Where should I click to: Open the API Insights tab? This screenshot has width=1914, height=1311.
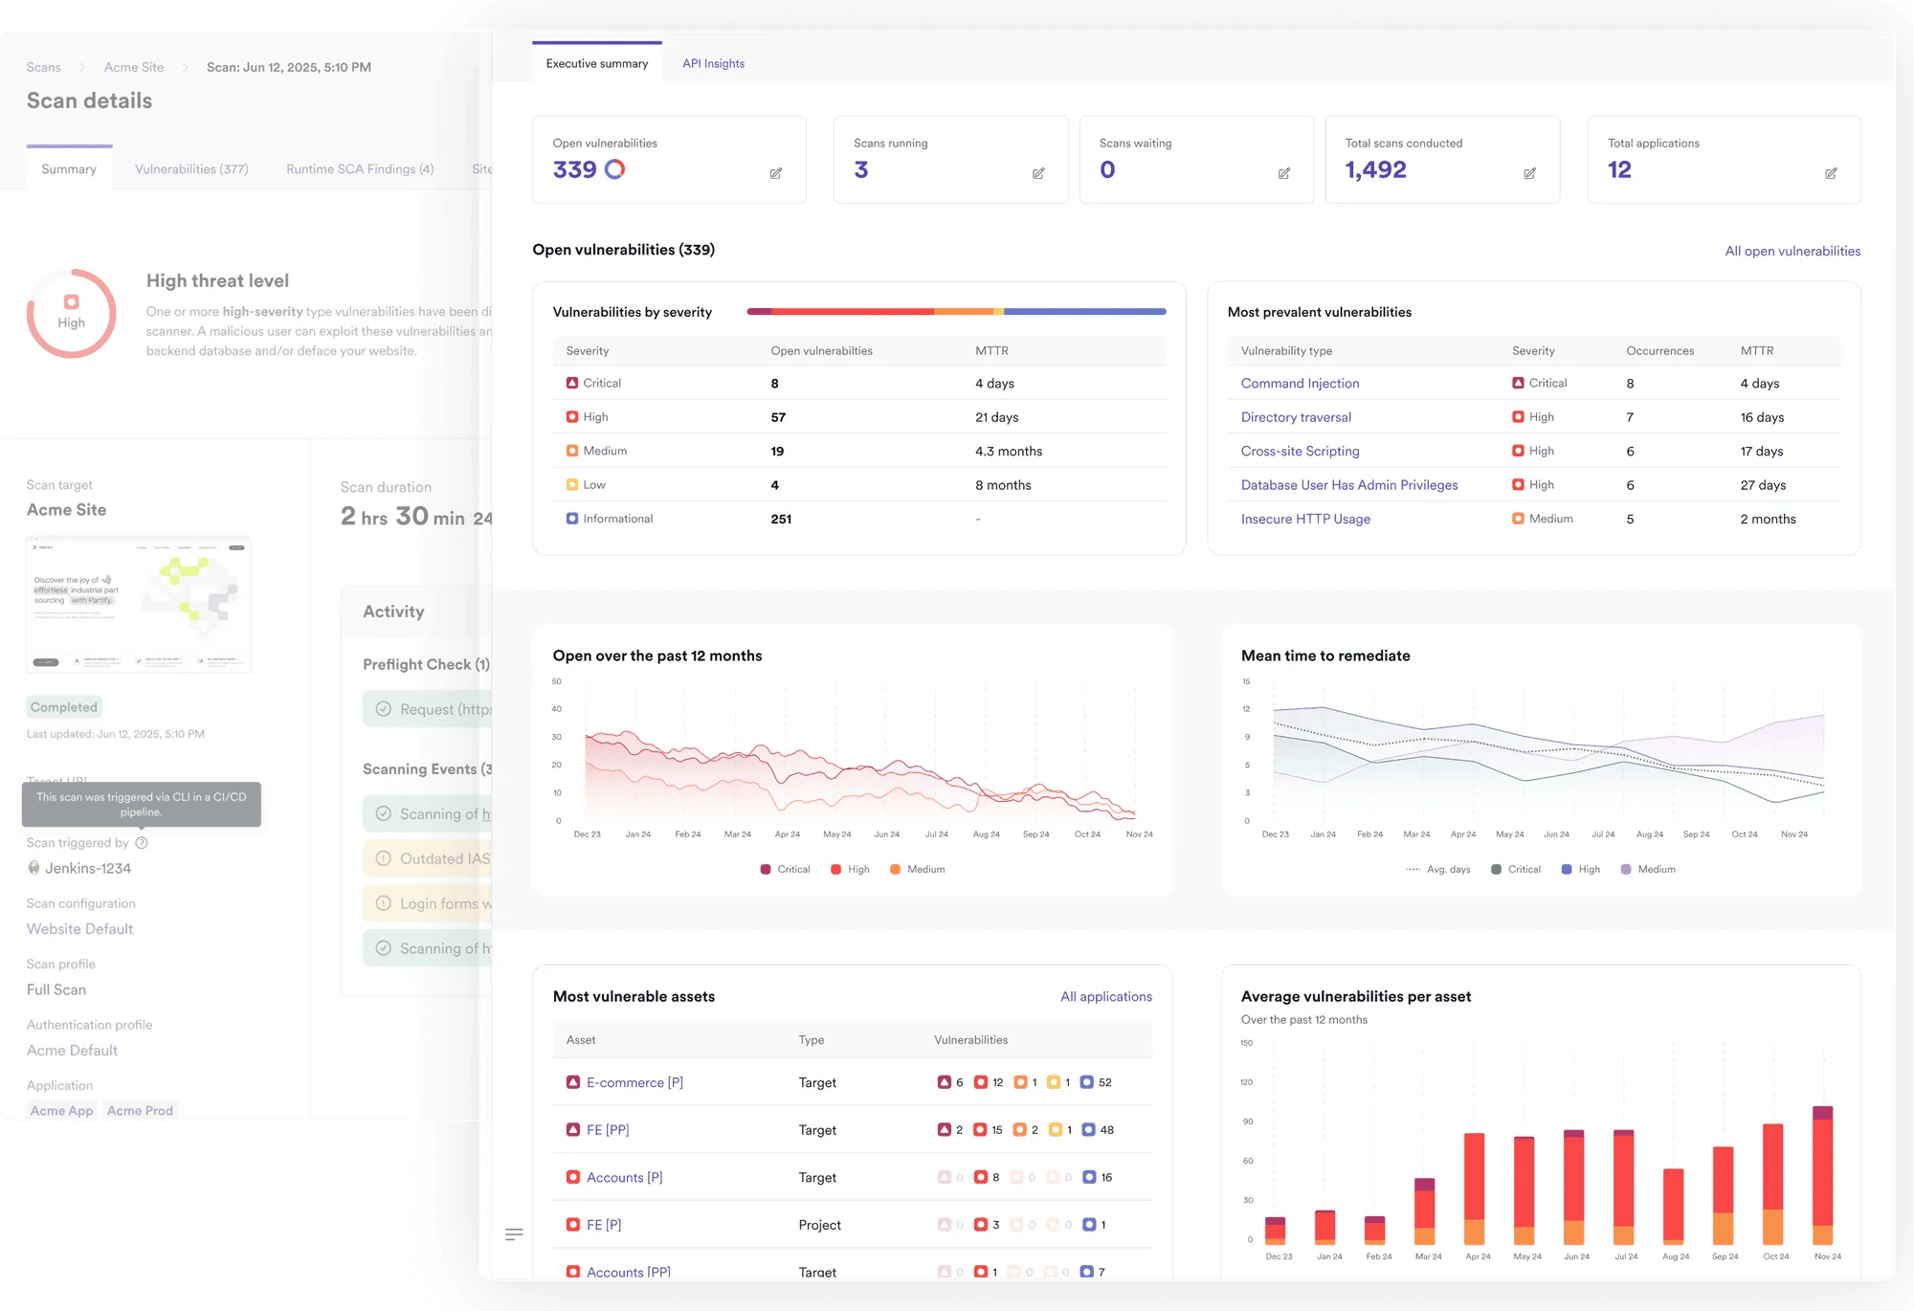pyautogui.click(x=713, y=64)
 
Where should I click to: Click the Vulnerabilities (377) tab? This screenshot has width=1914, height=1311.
pyautogui.click(x=191, y=169)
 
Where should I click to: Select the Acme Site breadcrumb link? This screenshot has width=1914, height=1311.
pyautogui.click(x=134, y=67)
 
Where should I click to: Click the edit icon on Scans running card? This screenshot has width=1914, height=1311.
pyautogui.click(x=1038, y=173)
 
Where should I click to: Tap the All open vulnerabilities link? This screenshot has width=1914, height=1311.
pyautogui.click(x=1792, y=251)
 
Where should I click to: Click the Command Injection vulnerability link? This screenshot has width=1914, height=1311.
pyautogui.click(x=1300, y=383)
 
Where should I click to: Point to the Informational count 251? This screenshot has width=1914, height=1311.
pyautogui.click(x=781, y=519)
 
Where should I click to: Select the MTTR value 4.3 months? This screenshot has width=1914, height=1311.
pyautogui.click(x=1009, y=451)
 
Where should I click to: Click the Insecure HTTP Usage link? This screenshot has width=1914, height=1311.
pyautogui.click(x=1305, y=519)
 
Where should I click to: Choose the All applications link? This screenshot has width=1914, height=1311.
pyautogui.click(x=1105, y=996)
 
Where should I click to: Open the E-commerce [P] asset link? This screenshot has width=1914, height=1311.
pyautogui.click(x=634, y=1082)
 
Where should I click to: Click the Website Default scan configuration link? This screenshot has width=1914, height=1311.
pyautogui.click(x=79, y=928)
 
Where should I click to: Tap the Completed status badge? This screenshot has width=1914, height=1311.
pyautogui.click(x=64, y=707)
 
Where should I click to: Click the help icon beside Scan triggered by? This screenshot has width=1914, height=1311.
pyautogui.click(x=142, y=843)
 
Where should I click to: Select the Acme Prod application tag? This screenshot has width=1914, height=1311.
pyautogui.click(x=140, y=1110)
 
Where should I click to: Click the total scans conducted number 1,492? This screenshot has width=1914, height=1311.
pyautogui.click(x=1375, y=170)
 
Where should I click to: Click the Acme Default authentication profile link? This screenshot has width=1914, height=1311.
pyautogui.click(x=72, y=1050)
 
